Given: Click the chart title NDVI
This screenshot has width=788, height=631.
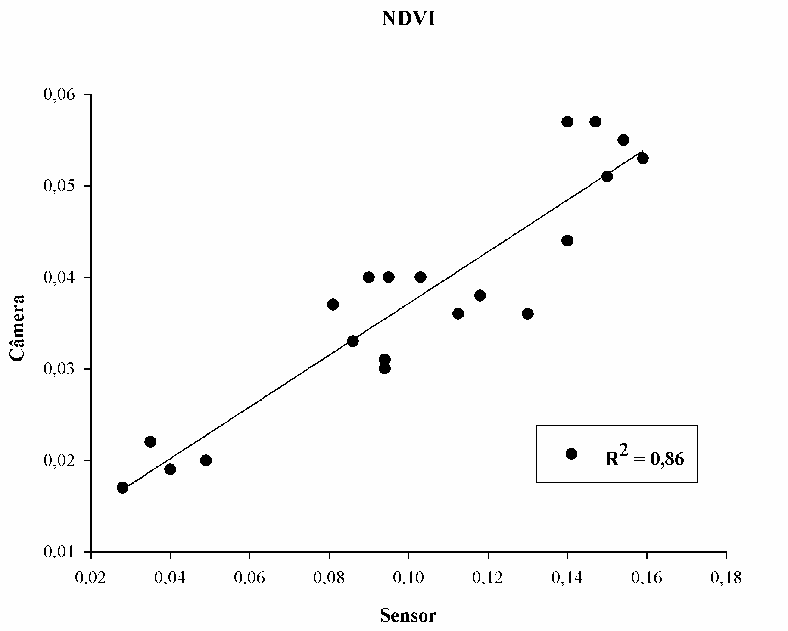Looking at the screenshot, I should pos(408,19).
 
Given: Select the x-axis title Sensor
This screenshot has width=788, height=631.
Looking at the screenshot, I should pos(408,615).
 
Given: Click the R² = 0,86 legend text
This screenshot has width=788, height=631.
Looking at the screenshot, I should pos(644,459).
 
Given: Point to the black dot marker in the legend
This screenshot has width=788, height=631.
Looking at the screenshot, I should pos(571,454).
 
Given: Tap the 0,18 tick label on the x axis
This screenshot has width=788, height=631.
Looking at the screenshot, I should pos(726,578).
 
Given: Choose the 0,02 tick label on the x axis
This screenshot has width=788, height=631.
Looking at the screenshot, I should pos(91,578).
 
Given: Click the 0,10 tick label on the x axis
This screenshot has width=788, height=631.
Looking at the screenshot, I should pos(408,578).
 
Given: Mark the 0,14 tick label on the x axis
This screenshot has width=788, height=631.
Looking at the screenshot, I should pos(567,578).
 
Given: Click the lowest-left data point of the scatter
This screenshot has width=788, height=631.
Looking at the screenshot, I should pos(122,488).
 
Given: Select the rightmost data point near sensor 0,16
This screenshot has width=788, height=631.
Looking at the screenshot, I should pos(643,158).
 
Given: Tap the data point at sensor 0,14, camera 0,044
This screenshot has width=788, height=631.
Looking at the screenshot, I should pos(567,240).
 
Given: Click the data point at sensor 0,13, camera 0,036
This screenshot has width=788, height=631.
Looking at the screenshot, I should pos(528,314).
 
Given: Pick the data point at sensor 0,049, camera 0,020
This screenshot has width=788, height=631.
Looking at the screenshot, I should pos(206,460).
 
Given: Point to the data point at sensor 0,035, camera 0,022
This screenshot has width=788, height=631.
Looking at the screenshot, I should pos(150,441).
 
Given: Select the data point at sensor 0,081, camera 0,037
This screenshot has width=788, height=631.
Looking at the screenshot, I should pos(333,305).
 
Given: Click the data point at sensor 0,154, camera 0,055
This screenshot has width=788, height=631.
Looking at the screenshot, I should pos(623,140).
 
